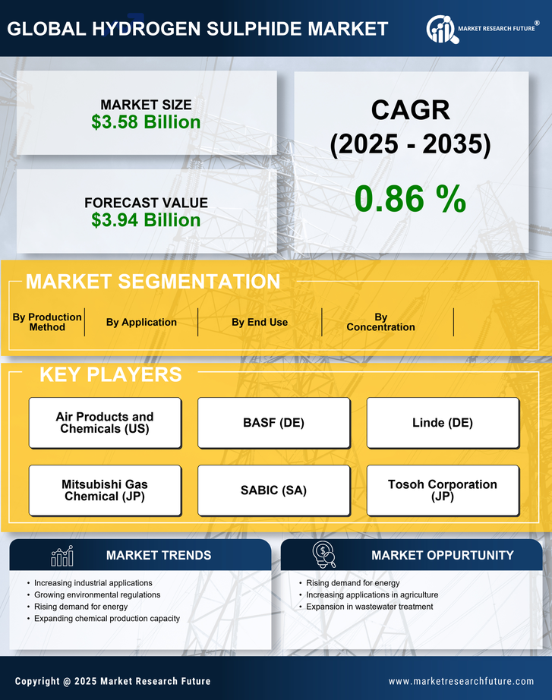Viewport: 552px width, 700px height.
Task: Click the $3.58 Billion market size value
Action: (146, 122)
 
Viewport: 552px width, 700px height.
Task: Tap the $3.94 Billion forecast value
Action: (146, 220)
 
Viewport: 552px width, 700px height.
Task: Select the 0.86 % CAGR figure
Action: (410, 199)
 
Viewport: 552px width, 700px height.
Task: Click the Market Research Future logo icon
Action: (440, 30)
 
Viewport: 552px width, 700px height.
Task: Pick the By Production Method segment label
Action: (47, 322)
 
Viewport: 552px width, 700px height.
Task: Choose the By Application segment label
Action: (141, 322)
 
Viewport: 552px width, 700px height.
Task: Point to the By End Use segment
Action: (260, 322)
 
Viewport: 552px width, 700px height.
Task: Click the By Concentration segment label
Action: (380, 322)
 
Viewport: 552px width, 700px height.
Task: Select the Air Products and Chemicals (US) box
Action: (105, 423)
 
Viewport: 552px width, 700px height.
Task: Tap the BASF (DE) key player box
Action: (273, 423)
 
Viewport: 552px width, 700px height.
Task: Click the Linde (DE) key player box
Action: (443, 423)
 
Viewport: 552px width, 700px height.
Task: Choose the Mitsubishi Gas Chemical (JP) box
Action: (105, 490)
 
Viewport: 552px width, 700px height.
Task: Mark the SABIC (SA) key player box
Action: (273, 490)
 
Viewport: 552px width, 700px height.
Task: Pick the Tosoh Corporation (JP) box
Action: (443, 490)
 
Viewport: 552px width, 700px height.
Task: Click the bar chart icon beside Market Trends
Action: (62, 556)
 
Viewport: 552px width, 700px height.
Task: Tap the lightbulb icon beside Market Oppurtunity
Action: (323, 555)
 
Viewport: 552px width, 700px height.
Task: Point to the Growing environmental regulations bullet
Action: (97, 594)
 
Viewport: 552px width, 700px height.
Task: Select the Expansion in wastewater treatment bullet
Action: (369, 607)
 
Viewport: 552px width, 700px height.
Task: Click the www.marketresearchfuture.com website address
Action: (461, 681)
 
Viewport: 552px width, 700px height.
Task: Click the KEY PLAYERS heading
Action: (110, 374)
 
